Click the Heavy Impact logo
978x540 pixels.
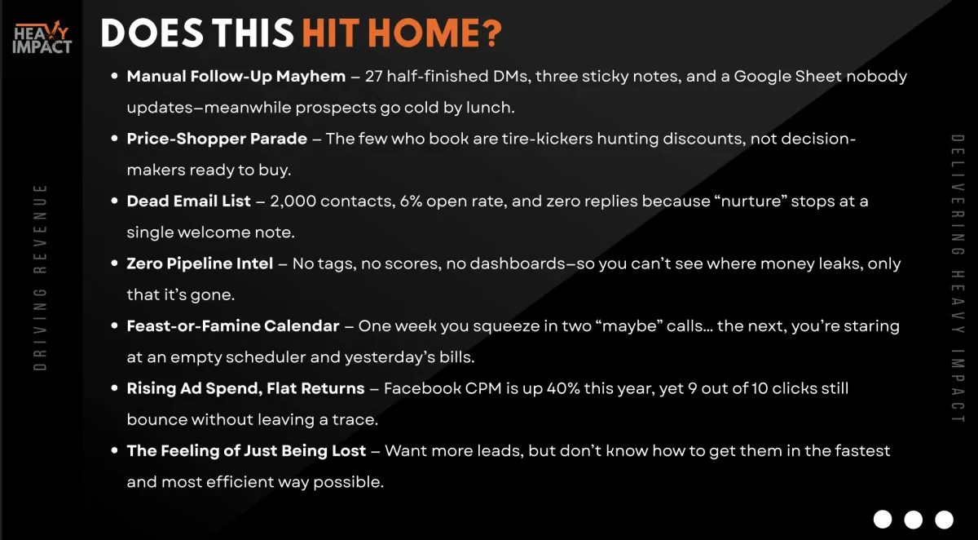(42, 38)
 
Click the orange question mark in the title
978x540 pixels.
(492, 33)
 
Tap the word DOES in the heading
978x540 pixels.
(152, 33)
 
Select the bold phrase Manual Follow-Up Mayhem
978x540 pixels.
(236, 77)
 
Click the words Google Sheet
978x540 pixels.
(787, 77)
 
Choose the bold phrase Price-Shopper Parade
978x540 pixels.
(217, 139)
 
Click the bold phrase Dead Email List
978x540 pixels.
(188, 201)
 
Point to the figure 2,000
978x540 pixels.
(293, 201)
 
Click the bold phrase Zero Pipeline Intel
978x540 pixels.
(200, 263)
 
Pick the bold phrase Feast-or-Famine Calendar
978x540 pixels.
(233, 326)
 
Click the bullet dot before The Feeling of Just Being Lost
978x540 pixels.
(114, 450)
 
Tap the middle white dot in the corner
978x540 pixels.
(913, 520)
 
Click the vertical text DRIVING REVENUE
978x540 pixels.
(40, 277)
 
